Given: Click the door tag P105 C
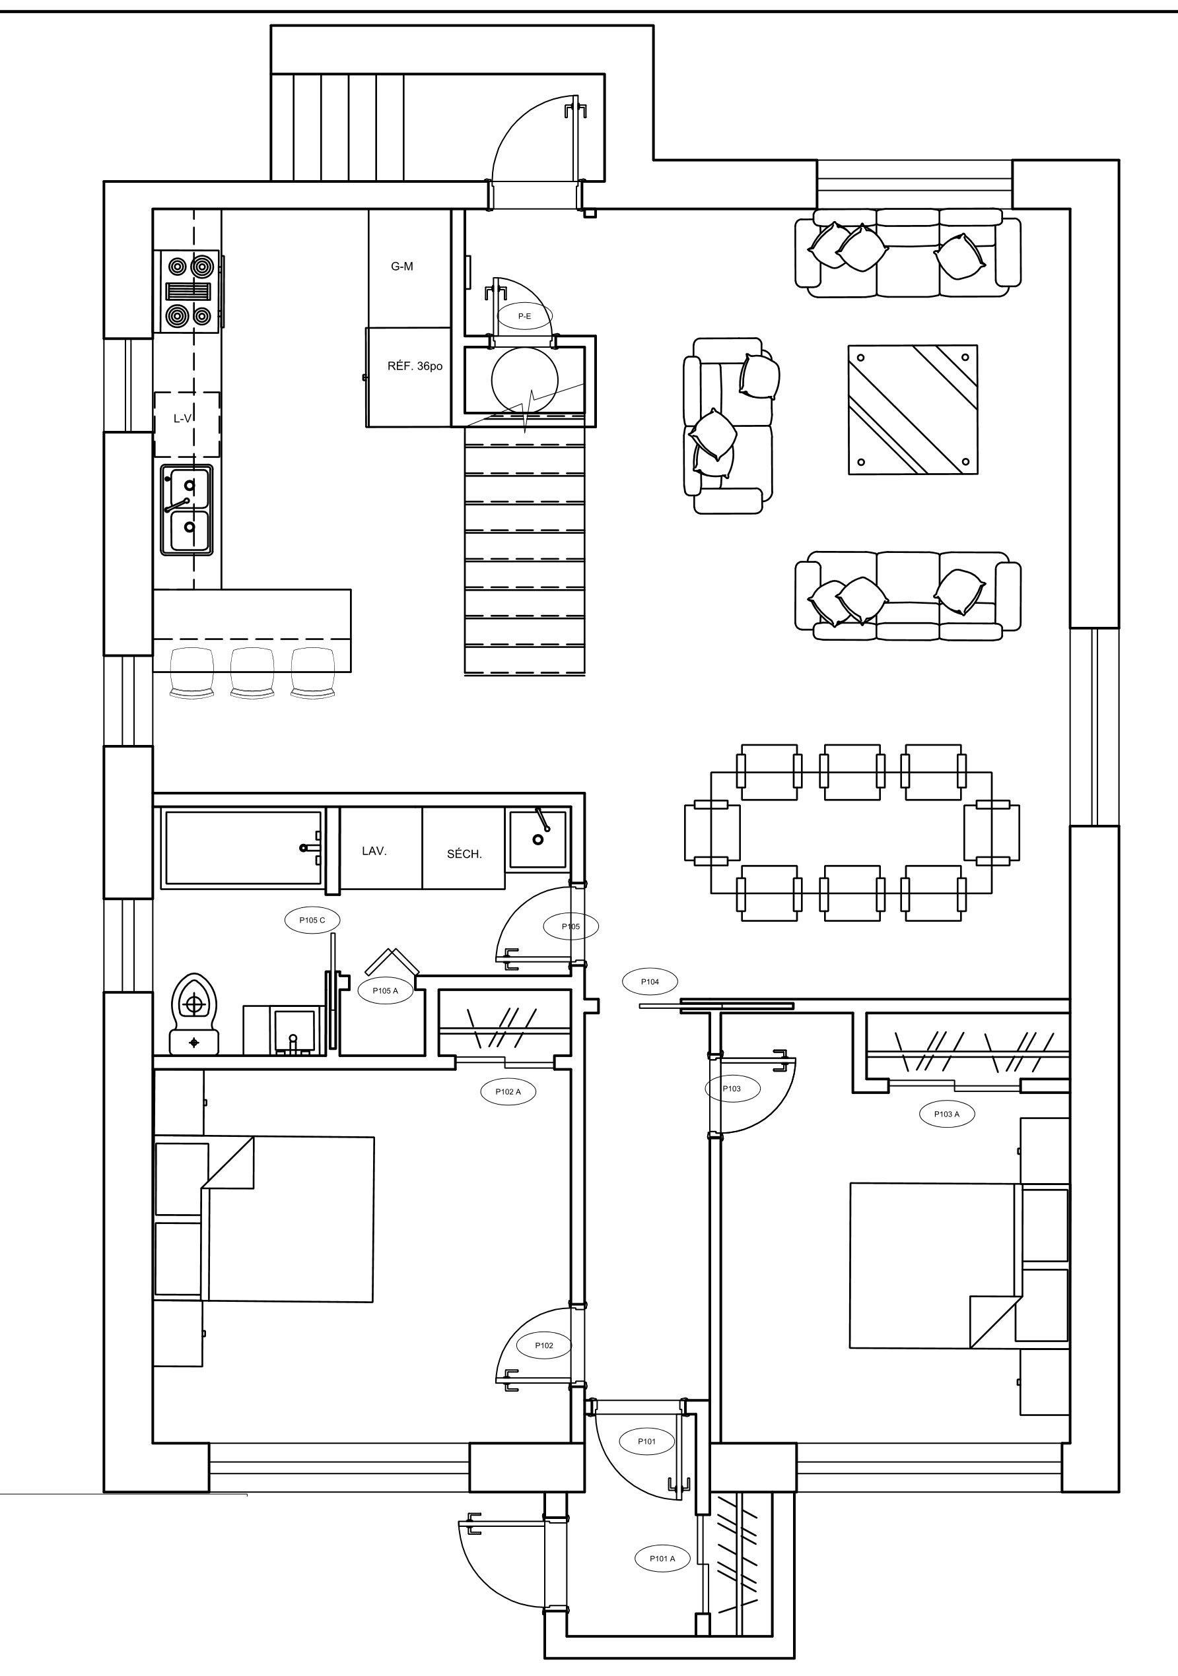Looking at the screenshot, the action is click(312, 920).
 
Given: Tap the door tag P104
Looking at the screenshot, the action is click(650, 982).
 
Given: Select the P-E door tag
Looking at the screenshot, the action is click(524, 316).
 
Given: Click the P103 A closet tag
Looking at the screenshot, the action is click(946, 1114).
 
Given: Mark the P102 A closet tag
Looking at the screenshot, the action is click(508, 1092).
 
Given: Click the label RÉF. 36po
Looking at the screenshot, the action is click(415, 366).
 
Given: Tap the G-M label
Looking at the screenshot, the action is click(401, 267).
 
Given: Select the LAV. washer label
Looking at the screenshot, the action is click(374, 851).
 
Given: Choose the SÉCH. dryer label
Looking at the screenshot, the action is click(464, 854).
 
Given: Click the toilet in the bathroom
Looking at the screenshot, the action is click(193, 1014).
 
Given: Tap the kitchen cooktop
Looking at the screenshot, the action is click(190, 291).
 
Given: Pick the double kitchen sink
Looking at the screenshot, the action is click(187, 509).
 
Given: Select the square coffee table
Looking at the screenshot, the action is click(912, 410).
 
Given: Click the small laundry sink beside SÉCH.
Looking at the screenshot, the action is click(537, 839).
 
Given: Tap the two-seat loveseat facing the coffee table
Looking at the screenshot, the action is click(729, 426).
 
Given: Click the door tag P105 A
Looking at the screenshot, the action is click(386, 990).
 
